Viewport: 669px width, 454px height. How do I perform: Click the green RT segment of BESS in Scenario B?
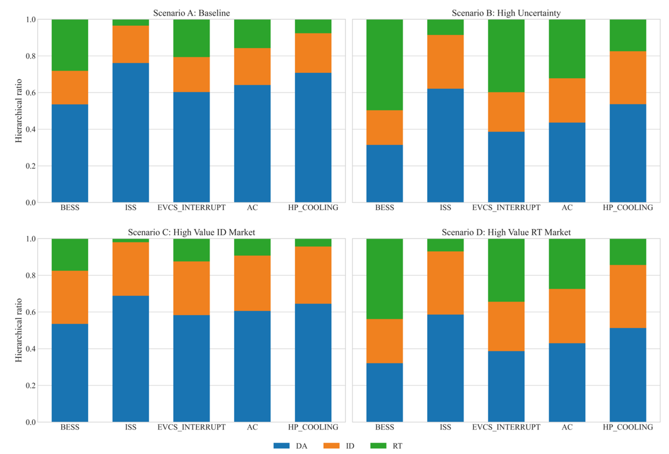[384, 65]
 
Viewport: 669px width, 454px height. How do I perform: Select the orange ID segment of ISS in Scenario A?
[131, 44]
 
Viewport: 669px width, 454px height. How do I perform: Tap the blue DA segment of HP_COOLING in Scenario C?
[313, 363]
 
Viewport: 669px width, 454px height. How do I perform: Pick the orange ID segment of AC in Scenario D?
[567, 316]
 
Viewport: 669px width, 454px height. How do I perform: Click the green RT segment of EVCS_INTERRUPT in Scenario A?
[191, 38]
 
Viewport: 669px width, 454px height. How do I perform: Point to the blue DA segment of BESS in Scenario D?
[384, 392]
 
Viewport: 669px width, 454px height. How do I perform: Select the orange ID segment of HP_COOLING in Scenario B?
[628, 78]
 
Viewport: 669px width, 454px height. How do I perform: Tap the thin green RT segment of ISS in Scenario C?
[131, 240]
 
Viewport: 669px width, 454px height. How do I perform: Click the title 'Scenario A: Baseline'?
[191, 13]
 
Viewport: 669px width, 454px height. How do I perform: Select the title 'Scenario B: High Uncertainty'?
[506, 13]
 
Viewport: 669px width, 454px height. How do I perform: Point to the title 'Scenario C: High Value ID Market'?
[191, 232]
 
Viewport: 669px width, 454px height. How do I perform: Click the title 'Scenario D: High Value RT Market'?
[506, 232]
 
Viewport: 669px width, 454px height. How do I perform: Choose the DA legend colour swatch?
[281, 446]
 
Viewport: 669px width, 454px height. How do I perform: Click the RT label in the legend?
[397, 446]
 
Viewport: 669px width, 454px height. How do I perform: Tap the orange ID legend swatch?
[331, 446]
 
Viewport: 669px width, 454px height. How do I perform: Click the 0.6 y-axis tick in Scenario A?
[31, 93]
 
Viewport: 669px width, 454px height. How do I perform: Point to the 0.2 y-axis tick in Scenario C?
[31, 385]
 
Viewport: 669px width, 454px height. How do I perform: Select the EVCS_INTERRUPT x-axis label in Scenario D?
[506, 427]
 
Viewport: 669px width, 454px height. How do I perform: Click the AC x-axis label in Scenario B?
[567, 207]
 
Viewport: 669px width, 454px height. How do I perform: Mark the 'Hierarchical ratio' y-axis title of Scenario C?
[19, 330]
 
